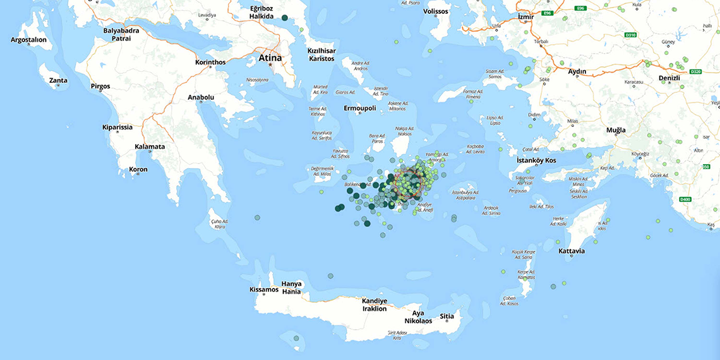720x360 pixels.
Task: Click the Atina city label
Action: [270, 58]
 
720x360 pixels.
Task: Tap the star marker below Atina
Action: [271, 65]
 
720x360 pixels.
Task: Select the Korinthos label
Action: [210, 62]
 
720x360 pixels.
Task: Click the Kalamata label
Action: [150, 147]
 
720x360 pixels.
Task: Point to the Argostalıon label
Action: [29, 40]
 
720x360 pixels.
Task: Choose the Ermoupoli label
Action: [360, 108]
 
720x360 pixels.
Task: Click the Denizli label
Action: [669, 78]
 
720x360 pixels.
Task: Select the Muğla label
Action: [616, 130]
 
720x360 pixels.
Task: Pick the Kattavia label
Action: [572, 251]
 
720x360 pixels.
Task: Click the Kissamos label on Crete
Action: [264, 289]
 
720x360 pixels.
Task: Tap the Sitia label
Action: [447, 316]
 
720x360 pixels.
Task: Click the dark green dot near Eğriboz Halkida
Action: [285, 18]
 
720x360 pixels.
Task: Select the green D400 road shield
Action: [686, 200]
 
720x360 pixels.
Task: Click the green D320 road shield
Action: [696, 72]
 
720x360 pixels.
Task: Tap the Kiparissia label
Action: [117, 127]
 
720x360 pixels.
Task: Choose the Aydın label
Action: [577, 72]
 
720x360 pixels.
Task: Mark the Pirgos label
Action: [100, 86]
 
